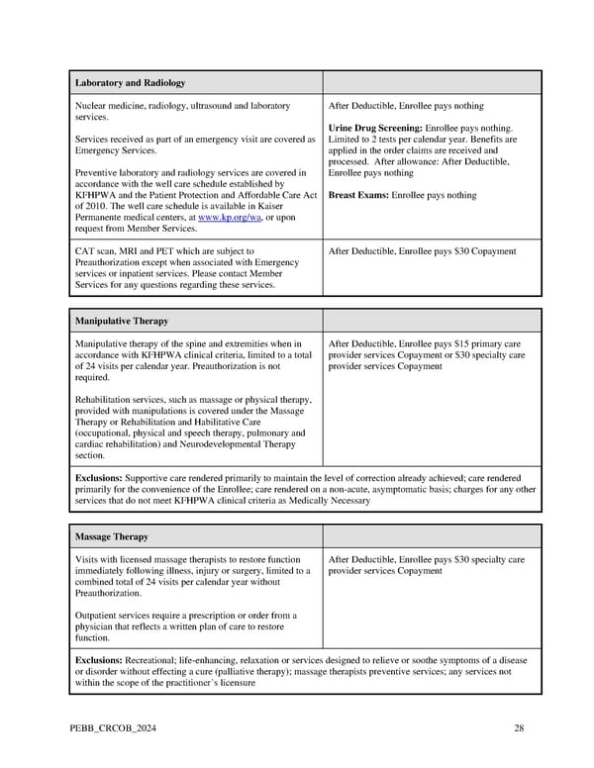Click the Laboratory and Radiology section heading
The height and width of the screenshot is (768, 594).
pos(130,82)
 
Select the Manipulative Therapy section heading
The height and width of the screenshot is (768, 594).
pos(122,321)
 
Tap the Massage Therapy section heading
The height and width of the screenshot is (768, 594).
pos(112,536)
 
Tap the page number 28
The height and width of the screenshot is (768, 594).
pos(519,728)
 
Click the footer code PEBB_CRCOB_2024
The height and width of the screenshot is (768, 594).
pos(114,728)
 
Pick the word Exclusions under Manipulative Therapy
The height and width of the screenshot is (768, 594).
pos(98,477)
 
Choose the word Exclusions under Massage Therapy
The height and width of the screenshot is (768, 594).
pos(98,659)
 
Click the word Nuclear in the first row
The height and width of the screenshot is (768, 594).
pos(92,105)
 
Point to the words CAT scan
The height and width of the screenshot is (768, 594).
pos(96,251)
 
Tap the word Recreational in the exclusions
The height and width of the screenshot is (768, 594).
pos(154,659)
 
